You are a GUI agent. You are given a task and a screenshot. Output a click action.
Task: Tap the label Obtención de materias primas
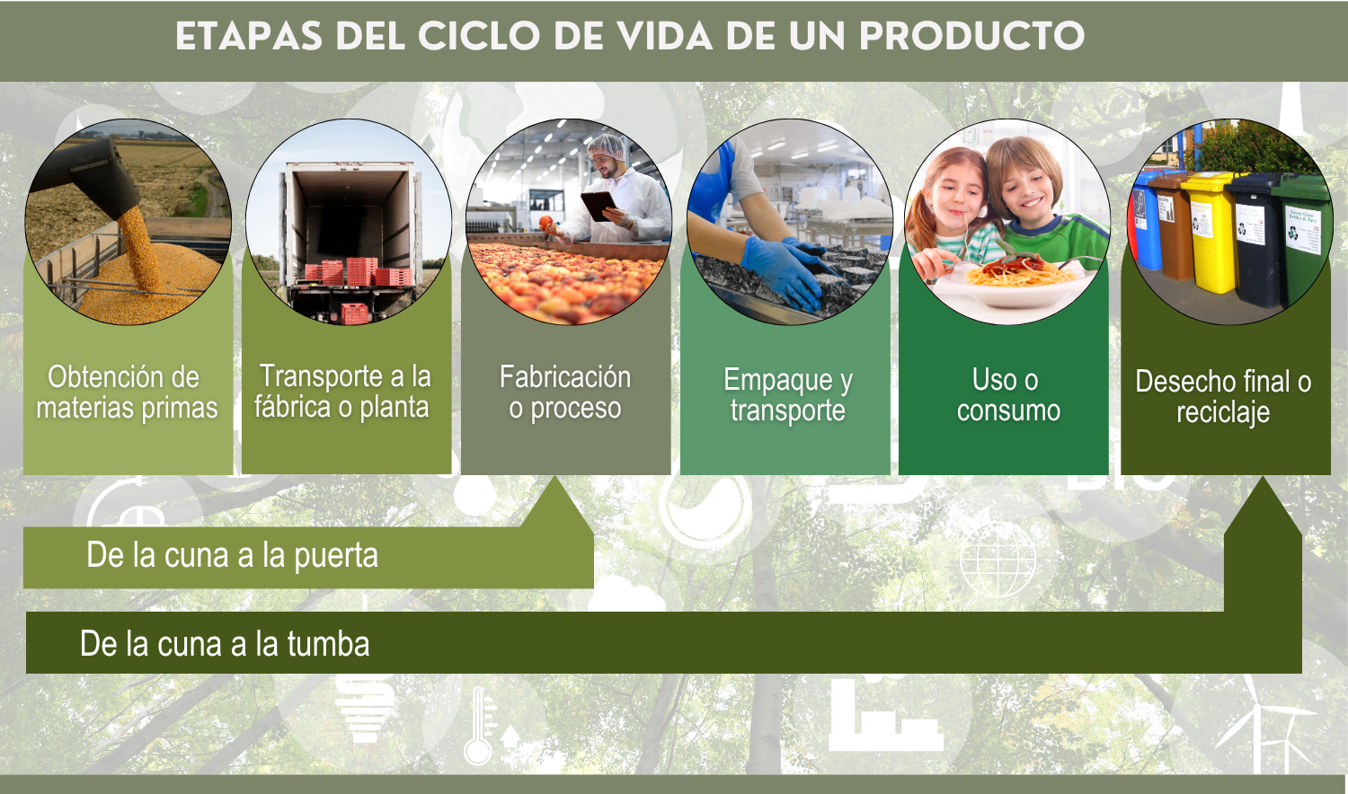pos(127,393)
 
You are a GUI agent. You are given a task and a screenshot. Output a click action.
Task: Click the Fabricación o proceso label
pos(565,393)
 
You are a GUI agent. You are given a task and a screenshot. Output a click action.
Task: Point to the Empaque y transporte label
pos(788,394)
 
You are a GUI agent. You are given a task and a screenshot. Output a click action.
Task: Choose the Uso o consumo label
pos(1008,394)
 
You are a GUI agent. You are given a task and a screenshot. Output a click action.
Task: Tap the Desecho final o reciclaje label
pos(1223,397)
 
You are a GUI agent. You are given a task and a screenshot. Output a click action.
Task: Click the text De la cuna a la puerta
pos(232,554)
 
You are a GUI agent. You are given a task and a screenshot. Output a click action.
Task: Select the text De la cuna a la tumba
pos(225,644)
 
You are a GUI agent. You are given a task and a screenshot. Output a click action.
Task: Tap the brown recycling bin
pos(1170,225)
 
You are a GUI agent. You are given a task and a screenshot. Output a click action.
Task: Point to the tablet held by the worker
pos(599,206)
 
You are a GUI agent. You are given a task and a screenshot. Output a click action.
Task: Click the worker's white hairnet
pos(607,146)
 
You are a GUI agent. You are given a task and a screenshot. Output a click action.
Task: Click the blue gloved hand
pos(783,270)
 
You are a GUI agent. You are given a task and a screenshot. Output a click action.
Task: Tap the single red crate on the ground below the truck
pos(355,313)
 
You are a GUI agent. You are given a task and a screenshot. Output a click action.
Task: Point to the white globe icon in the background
pos(998,560)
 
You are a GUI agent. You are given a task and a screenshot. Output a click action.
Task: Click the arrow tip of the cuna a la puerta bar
pos(556,476)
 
